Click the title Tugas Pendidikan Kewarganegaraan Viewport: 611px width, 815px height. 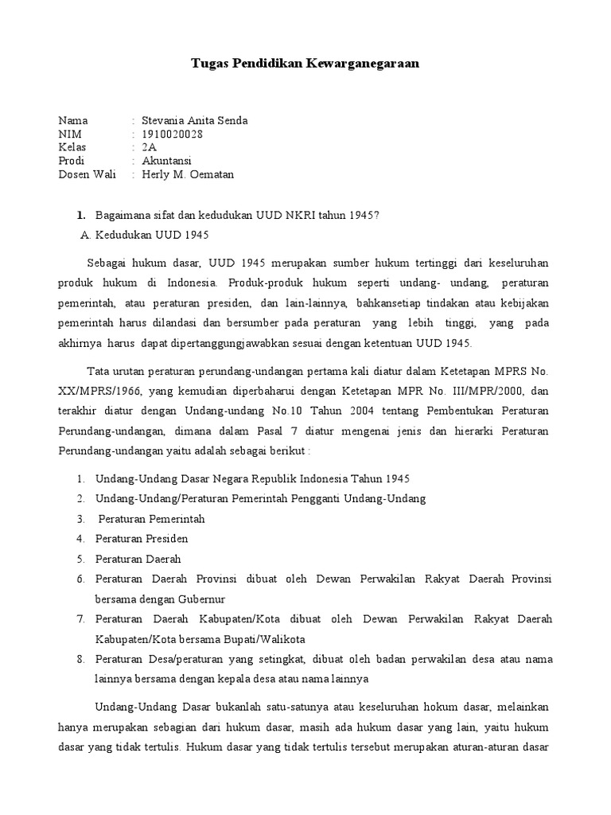305,63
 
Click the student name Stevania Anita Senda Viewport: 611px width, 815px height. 194,121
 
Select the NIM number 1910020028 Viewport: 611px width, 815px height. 172,135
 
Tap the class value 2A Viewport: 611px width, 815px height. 149,148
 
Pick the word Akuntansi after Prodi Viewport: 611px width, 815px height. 166,162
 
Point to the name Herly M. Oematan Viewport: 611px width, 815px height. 188,175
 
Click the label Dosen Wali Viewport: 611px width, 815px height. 87,175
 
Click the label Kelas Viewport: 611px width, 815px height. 72,148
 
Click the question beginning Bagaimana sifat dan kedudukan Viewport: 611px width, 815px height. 237,215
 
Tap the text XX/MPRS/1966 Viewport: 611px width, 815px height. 95,392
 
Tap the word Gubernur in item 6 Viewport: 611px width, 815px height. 202,599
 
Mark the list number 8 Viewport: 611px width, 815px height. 80,660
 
